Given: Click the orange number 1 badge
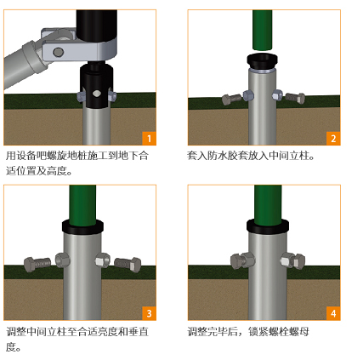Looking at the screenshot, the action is coord(149,139).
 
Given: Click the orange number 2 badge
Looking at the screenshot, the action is coord(333,139).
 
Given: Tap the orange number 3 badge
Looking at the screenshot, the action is coord(149,313).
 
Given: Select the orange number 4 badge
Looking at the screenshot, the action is coord(333,313).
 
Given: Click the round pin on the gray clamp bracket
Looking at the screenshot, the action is coord(59,52).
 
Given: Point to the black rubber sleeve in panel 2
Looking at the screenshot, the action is coord(262,60).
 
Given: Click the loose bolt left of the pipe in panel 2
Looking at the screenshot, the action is coord(231,99).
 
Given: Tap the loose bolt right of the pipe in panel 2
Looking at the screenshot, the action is coord(295,98).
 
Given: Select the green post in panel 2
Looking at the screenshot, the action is coord(263,30).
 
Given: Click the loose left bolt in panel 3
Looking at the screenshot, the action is coord(37,264).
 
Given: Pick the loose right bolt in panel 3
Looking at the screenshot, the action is coord(128,265).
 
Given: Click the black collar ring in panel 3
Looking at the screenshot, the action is coord(82,226).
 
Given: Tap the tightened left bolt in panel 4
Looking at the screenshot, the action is coord(242,260).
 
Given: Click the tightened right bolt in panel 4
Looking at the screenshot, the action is coord(292,260).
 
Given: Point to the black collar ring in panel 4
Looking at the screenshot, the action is coord(268,226).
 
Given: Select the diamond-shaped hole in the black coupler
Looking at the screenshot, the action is coord(96,94).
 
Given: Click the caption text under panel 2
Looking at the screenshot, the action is coord(251,156).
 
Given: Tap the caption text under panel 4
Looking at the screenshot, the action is coord(248,331).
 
